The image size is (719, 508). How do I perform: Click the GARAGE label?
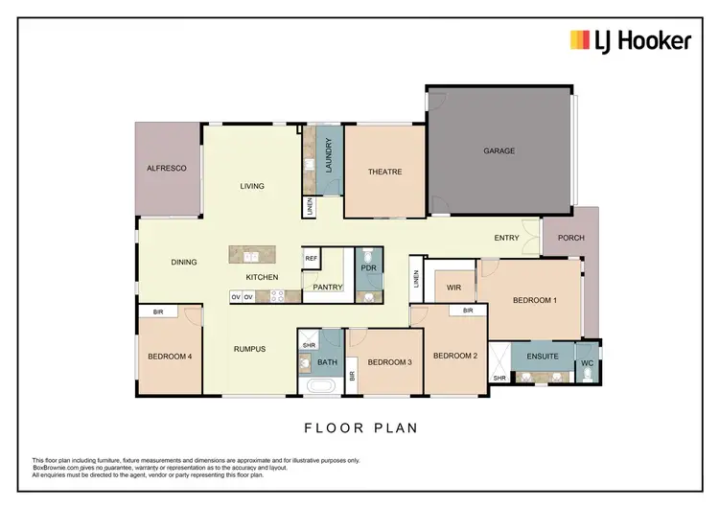[499, 150]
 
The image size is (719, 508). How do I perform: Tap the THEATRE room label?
[384, 173]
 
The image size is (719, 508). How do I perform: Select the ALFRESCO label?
[166, 168]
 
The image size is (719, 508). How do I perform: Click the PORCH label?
[570, 238]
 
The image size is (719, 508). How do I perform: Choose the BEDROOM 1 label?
[534, 301]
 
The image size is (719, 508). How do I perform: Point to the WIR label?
[453, 287]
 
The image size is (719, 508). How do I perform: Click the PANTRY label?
[328, 287]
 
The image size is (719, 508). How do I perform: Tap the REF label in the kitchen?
[311, 258]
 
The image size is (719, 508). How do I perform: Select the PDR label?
[368, 268]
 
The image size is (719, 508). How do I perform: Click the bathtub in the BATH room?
[320, 387]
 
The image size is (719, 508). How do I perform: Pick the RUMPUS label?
[248, 349]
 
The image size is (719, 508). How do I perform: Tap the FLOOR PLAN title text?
[360, 428]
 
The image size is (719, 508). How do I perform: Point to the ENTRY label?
[506, 239]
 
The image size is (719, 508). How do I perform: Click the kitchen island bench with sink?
[252, 255]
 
